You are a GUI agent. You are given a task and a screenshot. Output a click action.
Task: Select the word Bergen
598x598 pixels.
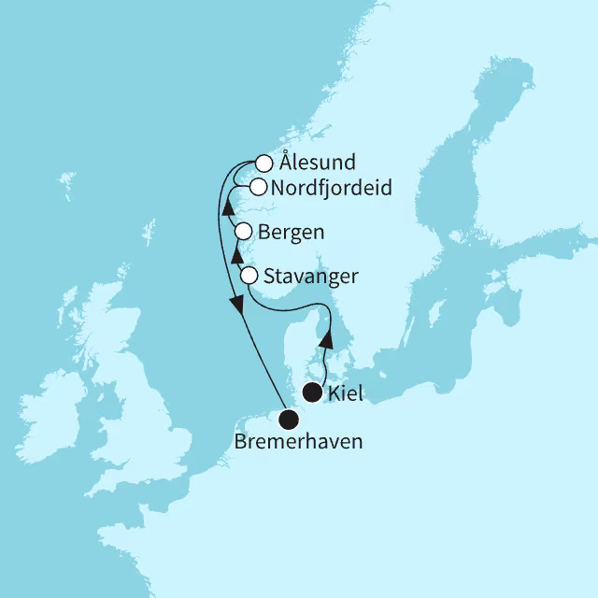point(293,231)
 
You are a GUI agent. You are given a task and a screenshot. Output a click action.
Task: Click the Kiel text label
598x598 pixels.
point(346,394)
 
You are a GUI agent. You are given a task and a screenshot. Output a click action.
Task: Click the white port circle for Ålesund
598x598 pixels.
point(263,163)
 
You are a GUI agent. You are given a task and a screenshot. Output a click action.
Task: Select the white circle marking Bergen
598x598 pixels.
point(243,231)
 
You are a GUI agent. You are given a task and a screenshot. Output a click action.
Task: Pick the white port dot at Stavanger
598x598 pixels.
point(249,276)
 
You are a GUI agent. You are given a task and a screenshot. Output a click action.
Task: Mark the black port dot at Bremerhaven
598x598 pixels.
point(289,420)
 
